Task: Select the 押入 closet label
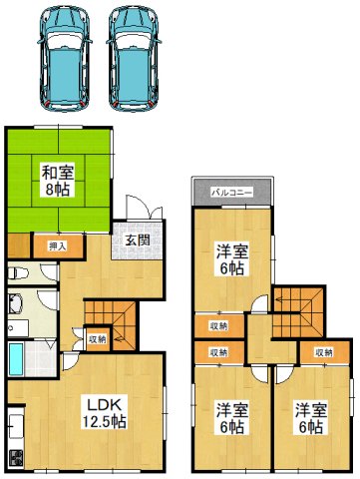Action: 57,243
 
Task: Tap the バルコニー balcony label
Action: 232,192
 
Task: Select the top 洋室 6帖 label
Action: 233,258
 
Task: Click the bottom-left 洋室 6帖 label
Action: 230,419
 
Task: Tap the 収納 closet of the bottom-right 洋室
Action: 325,351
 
